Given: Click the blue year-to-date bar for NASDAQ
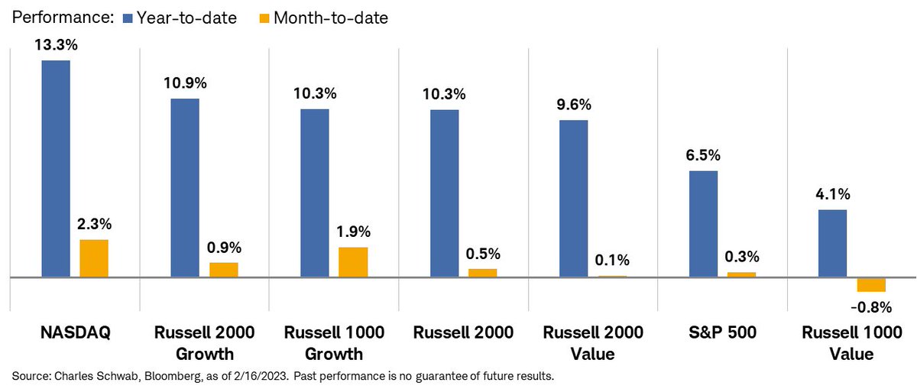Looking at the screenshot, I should click(56, 167).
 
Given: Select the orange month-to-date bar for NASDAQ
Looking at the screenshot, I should click(94, 258).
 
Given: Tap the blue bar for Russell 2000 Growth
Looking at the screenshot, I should click(185, 187).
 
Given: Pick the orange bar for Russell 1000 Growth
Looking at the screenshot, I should click(353, 261).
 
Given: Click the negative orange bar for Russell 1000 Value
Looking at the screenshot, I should click(870, 284).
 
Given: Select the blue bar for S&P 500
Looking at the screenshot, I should click(703, 223).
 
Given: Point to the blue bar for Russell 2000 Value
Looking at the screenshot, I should click(573, 198).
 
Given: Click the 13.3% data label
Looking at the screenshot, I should click(55, 44).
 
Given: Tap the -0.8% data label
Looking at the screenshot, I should click(872, 307).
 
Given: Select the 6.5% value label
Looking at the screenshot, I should click(704, 155).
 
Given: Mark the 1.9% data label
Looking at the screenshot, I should click(354, 232).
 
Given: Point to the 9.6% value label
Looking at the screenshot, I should click(574, 104).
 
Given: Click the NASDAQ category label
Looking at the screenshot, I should click(76, 332).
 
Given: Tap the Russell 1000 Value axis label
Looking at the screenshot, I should click(852, 343).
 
